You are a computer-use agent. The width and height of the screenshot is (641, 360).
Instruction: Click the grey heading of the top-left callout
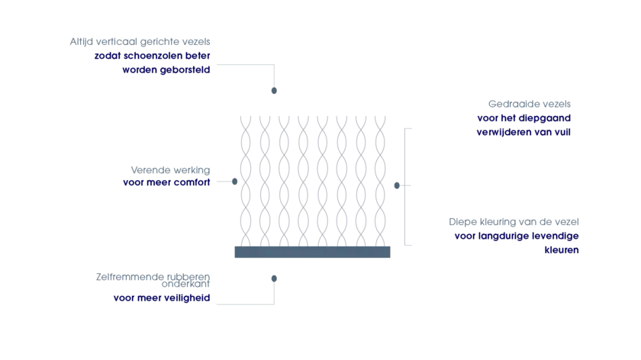point(140,42)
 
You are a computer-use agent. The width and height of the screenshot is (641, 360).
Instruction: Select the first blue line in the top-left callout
point(153,56)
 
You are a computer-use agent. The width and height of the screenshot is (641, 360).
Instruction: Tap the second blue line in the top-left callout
point(166,69)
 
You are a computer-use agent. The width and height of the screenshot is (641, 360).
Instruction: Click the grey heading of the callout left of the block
point(170,169)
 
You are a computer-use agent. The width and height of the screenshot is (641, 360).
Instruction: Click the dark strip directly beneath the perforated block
point(311,252)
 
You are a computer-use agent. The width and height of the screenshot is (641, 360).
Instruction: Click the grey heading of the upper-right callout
point(530,104)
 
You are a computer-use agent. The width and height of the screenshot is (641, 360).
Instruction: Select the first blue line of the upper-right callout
point(524,117)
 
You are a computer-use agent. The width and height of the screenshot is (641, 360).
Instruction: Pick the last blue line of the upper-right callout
point(524,132)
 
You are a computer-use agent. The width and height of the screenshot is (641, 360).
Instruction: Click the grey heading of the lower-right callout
point(513,220)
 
